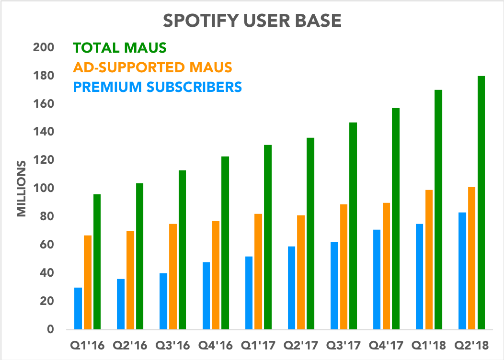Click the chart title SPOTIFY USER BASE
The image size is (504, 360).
(252, 21)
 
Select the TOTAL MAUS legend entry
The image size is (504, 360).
(119, 48)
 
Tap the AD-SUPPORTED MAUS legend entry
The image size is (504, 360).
(152, 67)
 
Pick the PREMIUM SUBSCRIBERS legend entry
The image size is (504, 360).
(157, 87)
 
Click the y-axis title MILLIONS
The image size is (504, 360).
(21, 189)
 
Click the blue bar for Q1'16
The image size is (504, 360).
(78, 309)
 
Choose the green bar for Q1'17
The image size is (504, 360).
(267, 237)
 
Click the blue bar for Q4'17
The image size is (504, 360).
(377, 280)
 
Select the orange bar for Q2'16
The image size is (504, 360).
(130, 281)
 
